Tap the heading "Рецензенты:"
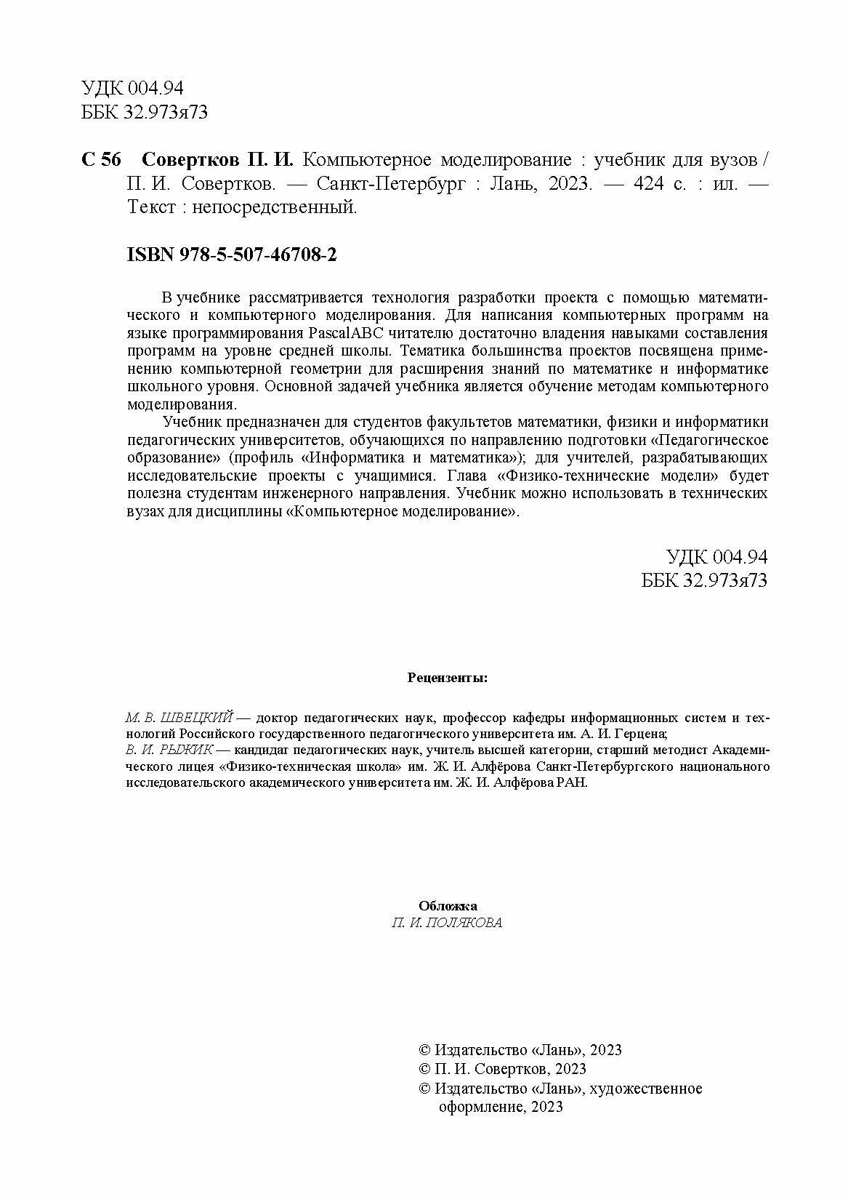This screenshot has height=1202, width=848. (448, 678)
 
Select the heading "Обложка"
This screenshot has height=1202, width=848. (448, 906)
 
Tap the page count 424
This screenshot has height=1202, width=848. (649, 184)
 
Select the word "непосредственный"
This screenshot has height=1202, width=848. (277, 207)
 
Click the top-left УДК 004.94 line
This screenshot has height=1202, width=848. (133, 89)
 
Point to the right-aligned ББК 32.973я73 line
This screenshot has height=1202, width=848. (704, 580)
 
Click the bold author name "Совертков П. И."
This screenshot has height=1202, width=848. (216, 161)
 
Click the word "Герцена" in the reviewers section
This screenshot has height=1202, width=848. (644, 734)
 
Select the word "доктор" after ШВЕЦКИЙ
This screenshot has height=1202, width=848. (278, 717)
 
